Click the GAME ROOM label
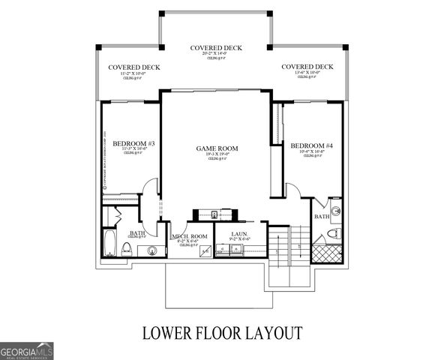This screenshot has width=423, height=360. tap(217, 148)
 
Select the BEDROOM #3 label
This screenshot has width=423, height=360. tap(133, 142)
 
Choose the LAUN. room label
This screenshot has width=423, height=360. tap(239, 234)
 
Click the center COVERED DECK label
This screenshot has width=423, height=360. tap(216, 48)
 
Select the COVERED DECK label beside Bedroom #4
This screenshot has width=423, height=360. tap(307, 67)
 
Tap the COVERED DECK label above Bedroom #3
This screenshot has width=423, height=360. tap(133, 67)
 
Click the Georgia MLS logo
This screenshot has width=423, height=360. tap(27, 351)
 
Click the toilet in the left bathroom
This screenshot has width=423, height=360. tap(127, 250)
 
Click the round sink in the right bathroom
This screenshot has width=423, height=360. tap(335, 210)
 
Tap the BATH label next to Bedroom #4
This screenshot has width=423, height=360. tap(321, 217)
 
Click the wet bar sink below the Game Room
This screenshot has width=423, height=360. tap(214, 214)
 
